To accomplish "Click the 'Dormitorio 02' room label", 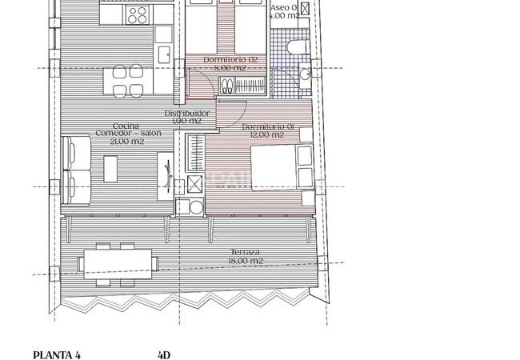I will (x=230, y=60).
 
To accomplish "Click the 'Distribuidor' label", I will (x=187, y=114).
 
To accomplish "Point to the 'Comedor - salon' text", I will (x=127, y=134).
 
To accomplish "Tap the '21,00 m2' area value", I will (x=127, y=142).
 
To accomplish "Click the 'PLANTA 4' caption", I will (x=57, y=353).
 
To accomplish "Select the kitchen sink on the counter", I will (x=165, y=54).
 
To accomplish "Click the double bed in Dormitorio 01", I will (x=276, y=166).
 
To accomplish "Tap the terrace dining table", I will (x=118, y=262).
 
